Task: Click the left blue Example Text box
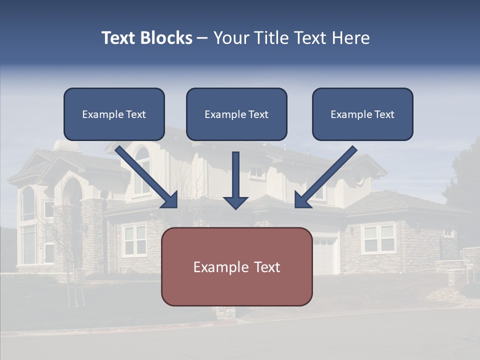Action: point(114,114)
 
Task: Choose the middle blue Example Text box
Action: point(236,114)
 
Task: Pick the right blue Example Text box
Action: point(362,114)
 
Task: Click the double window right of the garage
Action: point(378,238)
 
